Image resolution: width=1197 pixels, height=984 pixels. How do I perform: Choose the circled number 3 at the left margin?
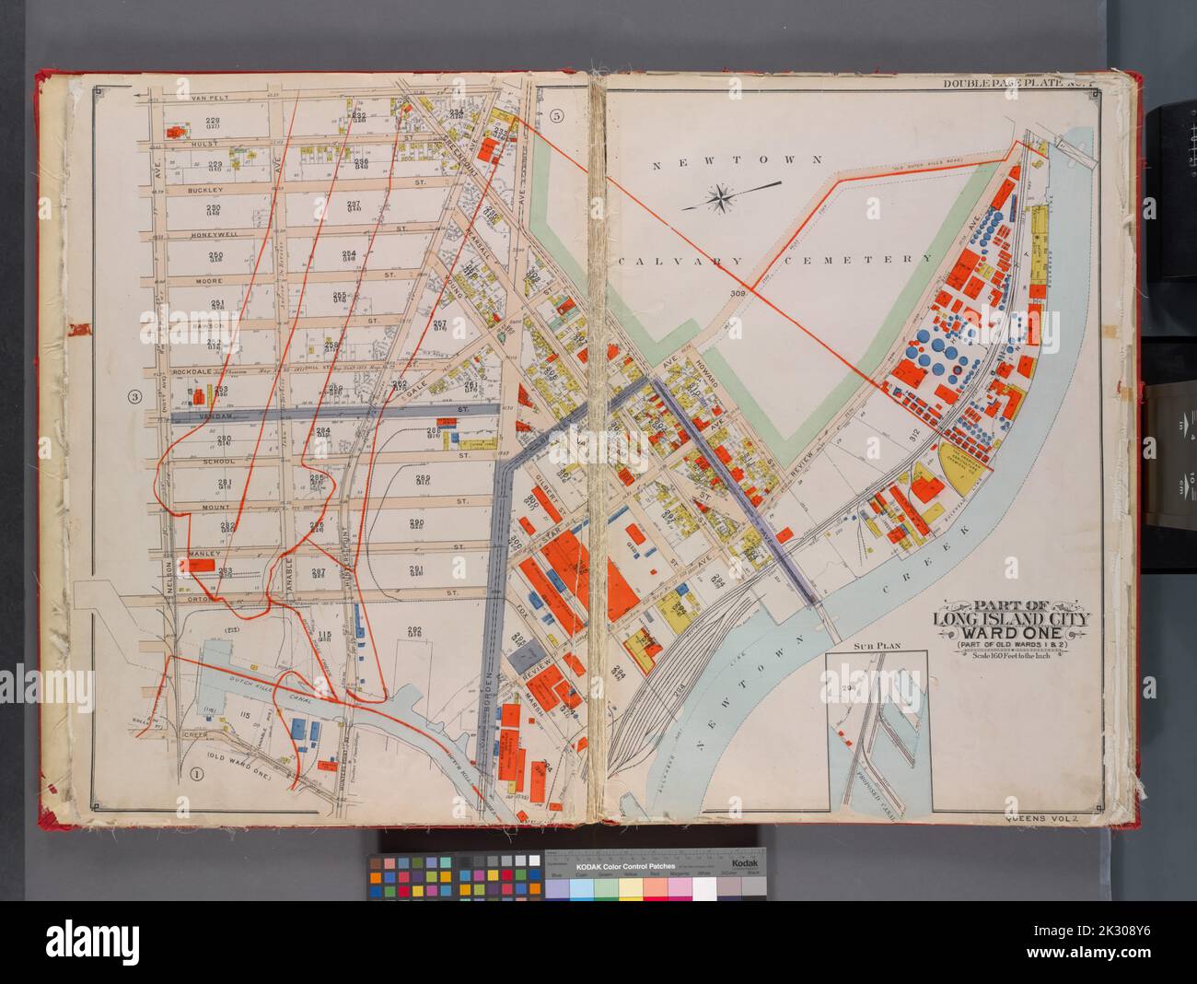134,397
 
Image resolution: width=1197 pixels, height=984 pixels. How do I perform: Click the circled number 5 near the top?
555,116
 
